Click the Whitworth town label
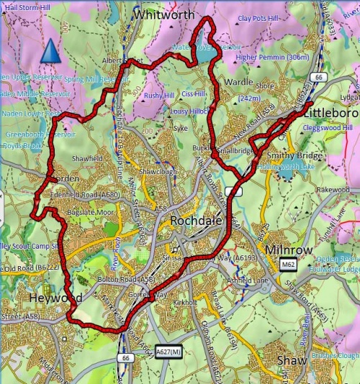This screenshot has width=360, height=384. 165,14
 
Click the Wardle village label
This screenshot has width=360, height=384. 238,83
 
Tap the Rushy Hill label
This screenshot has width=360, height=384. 158,95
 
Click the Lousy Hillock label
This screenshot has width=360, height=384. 189,111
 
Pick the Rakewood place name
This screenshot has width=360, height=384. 331,190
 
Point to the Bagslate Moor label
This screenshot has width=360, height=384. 90,213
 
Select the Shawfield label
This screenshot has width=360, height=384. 88,159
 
